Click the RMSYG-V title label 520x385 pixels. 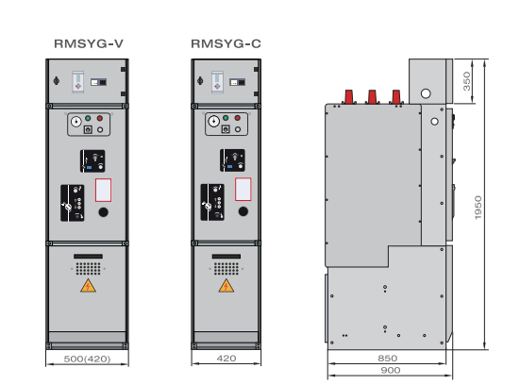[89, 43]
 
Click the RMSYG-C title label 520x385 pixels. [226, 43]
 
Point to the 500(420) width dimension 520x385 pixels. [87, 359]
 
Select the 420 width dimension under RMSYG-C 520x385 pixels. [226, 359]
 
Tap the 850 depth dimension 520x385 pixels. [387, 359]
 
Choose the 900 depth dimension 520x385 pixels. [391, 370]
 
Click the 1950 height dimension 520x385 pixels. [478, 208]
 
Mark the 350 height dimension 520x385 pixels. [466, 81]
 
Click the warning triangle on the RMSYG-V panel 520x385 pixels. [88, 286]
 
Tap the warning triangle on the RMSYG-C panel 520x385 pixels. [226, 286]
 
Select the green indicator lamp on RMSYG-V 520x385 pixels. [88, 118]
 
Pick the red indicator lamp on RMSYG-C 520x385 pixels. [238, 118]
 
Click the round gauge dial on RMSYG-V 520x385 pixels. [75, 122]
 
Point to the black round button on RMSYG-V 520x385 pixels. [103, 212]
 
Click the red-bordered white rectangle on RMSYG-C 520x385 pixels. [243, 190]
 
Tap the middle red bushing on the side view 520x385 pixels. [372, 96]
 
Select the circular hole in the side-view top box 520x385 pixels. [426, 93]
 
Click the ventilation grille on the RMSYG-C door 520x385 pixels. [226, 269]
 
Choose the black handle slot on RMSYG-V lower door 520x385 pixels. [88, 257]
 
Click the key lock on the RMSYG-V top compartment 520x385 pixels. [57, 80]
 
